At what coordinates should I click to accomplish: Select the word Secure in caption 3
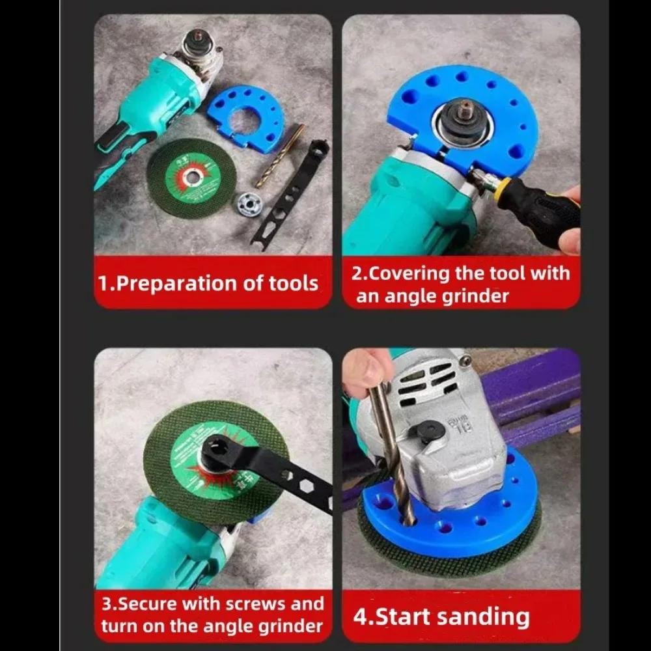click(146, 603)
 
